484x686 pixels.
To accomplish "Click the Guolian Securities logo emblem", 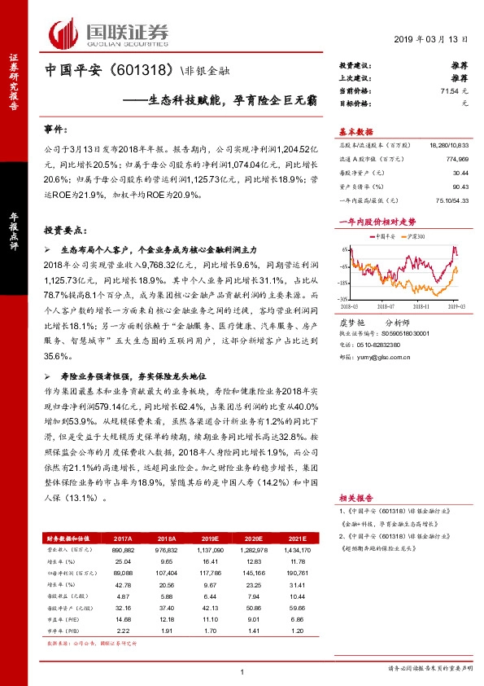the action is pos(64,33).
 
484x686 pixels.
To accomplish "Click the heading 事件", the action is pos(55,130).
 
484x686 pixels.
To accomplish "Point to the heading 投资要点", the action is pos(64,231).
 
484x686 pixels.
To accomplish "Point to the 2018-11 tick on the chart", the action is pos(421,306).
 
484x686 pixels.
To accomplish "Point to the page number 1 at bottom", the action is pos(242,671).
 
